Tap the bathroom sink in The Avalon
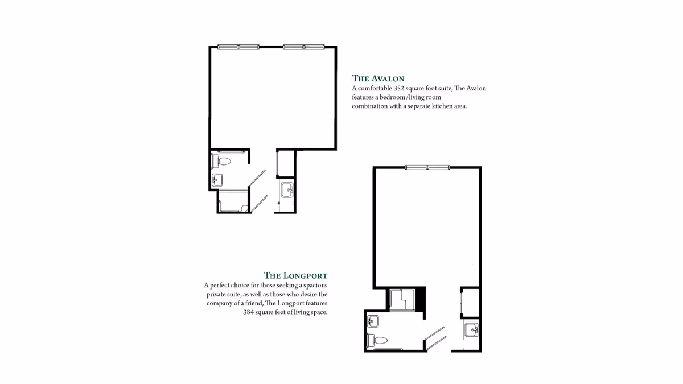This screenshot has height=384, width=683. [x=217, y=181]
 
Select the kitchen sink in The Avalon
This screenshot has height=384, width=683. [x=286, y=189]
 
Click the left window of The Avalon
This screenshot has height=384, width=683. [x=238, y=47]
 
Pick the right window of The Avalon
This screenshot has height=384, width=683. [x=303, y=47]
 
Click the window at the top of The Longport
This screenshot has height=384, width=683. [x=427, y=167]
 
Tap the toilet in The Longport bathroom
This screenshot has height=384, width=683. [x=377, y=340]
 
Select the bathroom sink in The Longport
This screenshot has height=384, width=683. [x=373, y=321]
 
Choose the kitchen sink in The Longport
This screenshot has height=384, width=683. [x=471, y=329]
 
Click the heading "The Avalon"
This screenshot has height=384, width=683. [x=378, y=79]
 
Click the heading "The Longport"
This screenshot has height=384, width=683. [x=295, y=275]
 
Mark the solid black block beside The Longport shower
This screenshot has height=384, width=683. [x=421, y=299]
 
